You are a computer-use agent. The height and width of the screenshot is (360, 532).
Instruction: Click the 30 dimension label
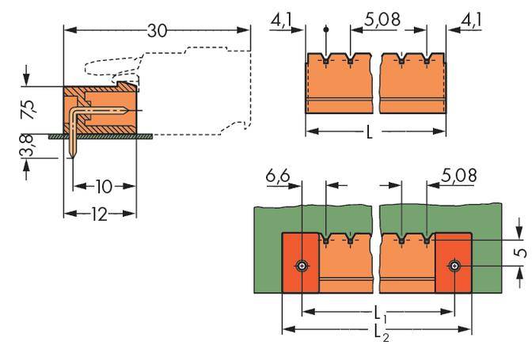157,32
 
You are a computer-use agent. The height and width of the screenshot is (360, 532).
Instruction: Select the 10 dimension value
104,187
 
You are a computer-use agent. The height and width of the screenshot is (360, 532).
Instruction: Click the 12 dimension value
100,214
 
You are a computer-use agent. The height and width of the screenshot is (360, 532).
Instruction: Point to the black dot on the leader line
326,29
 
